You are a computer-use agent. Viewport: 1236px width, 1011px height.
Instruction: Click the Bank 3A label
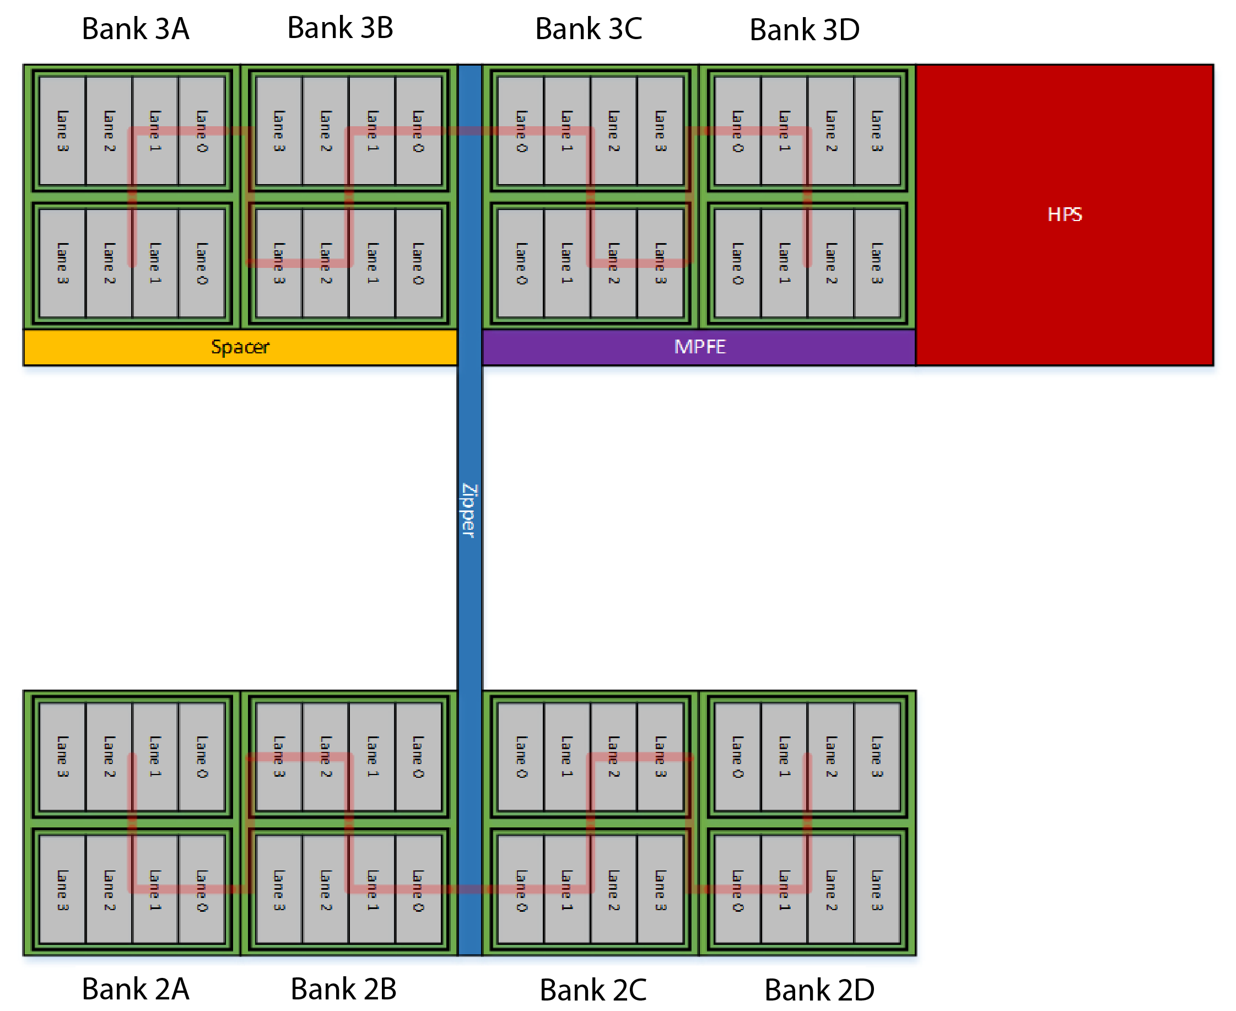(135, 29)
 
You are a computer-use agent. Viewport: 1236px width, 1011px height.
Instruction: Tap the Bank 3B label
(340, 28)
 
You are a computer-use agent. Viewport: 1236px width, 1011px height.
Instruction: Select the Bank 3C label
(588, 29)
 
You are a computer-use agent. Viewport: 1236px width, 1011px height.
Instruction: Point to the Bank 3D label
(804, 30)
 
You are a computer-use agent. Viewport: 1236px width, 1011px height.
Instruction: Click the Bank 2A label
(135, 989)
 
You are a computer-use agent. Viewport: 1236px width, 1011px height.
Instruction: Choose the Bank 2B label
(343, 989)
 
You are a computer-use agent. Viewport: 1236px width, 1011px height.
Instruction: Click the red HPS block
(1064, 214)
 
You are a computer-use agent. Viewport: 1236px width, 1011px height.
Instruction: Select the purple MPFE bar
(699, 347)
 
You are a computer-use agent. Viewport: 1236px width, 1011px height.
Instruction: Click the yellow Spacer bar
(240, 347)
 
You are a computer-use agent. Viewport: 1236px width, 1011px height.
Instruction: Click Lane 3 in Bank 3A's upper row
(62, 131)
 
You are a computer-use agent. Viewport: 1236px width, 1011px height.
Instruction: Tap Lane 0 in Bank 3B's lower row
(418, 263)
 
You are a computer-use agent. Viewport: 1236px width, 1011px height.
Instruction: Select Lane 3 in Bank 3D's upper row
(877, 131)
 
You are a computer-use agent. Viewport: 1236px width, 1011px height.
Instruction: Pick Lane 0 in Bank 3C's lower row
(521, 263)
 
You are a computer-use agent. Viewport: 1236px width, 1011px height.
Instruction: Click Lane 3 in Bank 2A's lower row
(62, 890)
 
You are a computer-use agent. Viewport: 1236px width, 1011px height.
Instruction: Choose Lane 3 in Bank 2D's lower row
(877, 890)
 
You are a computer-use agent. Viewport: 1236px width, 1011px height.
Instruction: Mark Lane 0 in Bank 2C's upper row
(521, 757)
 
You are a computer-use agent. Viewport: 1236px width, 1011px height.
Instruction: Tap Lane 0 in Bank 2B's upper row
(418, 757)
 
